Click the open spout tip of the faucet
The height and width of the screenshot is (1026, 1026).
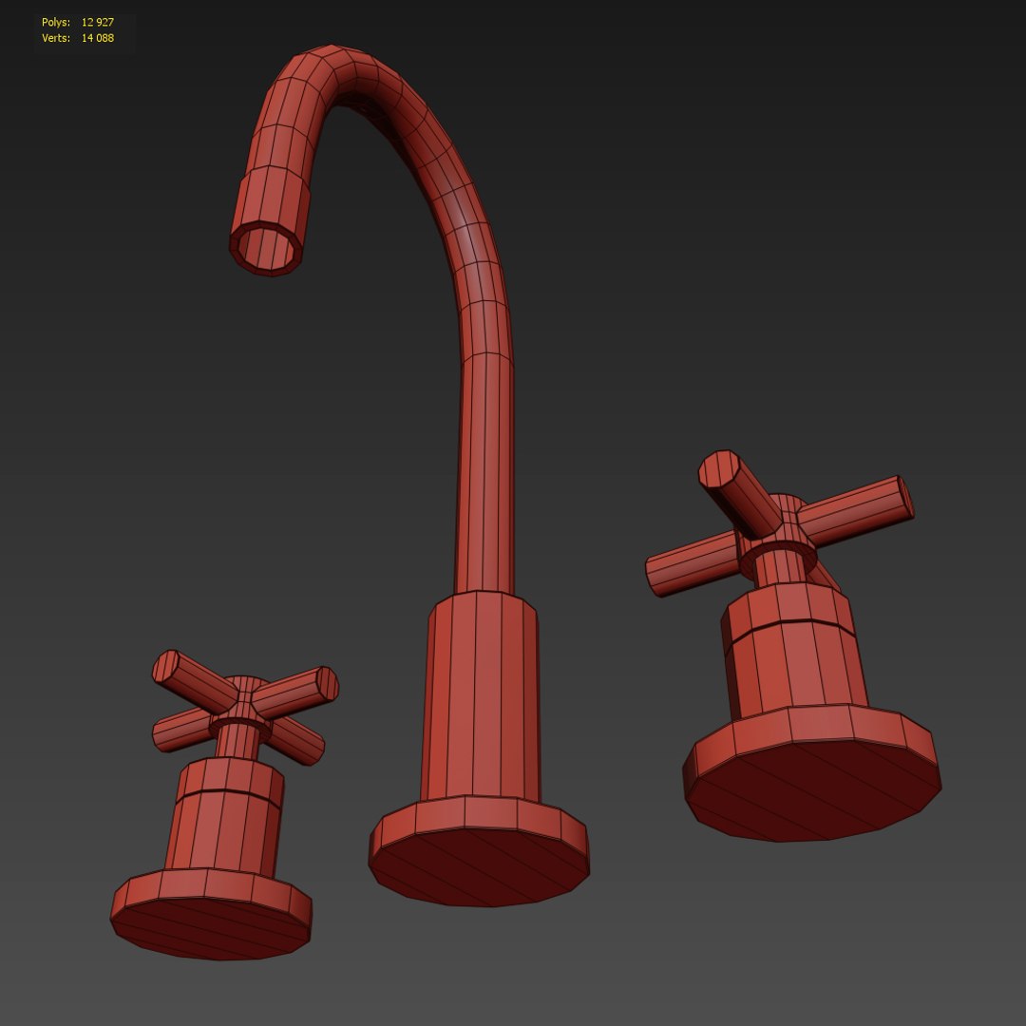tap(267, 248)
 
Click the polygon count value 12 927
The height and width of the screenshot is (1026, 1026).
tap(98, 22)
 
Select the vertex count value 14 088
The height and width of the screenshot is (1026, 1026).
tap(98, 39)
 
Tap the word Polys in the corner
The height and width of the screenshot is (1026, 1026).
tap(55, 22)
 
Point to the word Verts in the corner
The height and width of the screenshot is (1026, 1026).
tap(55, 39)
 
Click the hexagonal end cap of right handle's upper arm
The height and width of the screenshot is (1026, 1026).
tap(719, 469)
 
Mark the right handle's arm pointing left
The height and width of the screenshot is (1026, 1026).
tap(690, 565)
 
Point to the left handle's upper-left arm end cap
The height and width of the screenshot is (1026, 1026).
tap(166, 666)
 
